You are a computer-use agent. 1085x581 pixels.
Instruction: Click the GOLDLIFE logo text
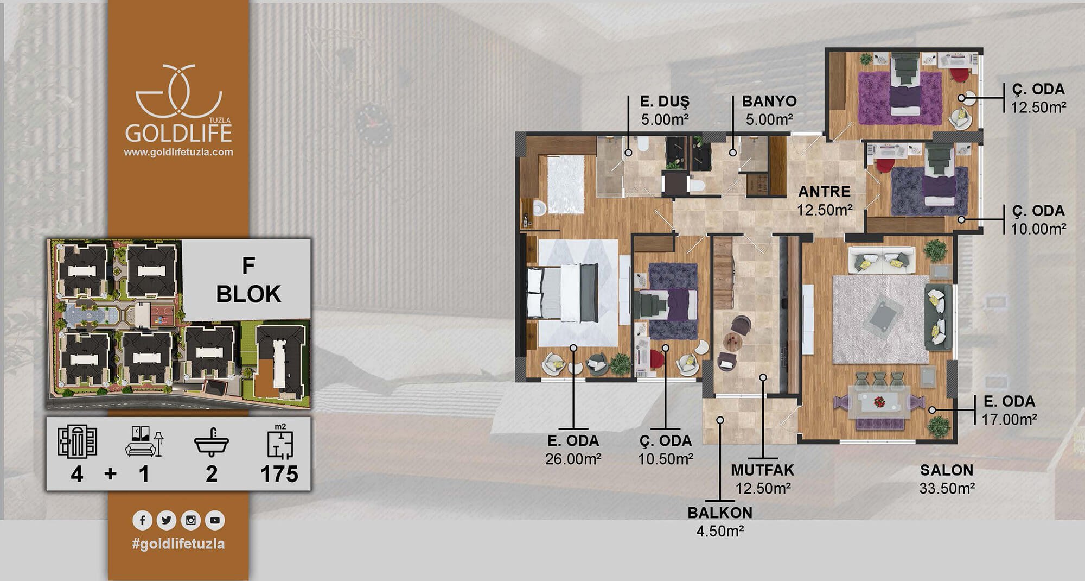coord(178,133)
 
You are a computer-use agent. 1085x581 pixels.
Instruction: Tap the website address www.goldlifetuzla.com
coord(178,153)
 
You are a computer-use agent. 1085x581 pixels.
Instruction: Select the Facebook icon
coord(142,520)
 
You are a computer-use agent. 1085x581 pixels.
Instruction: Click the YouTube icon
coord(215,520)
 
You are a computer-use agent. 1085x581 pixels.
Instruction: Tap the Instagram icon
coord(191,520)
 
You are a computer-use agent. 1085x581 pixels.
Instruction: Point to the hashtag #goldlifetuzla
coord(178,544)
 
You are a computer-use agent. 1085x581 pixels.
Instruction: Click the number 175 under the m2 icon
coord(279,474)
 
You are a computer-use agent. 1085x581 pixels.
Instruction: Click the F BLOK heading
coord(248,280)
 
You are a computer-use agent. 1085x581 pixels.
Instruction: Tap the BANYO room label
coord(769,101)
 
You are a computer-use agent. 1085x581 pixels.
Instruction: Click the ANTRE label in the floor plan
coord(824,192)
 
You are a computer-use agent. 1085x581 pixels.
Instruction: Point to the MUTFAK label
coord(762,470)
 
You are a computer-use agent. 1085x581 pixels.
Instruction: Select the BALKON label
coord(720,513)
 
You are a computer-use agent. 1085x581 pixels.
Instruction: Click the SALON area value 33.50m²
coord(947,488)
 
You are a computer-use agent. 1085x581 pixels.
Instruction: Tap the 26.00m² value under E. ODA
coord(573,459)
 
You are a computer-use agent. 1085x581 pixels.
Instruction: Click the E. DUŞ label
coord(665,102)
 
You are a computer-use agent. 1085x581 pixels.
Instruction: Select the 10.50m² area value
coord(666,459)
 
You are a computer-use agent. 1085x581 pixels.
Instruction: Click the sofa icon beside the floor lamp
coord(141,449)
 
